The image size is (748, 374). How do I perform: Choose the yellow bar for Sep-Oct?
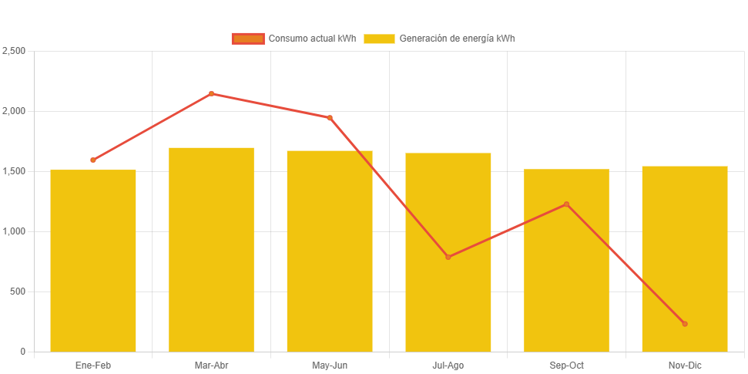(566, 278)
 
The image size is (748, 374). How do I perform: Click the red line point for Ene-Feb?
(93, 160)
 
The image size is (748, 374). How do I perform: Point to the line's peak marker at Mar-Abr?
(211, 94)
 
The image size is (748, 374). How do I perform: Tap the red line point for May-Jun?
(330, 118)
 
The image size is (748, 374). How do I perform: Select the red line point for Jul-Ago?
(448, 257)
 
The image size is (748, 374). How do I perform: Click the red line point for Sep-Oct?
(566, 204)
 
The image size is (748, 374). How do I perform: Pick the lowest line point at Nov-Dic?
(684, 324)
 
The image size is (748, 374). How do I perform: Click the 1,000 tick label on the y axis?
(14, 231)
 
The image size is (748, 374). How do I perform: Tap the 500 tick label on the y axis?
(17, 291)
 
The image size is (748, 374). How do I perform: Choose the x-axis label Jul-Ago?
(448, 366)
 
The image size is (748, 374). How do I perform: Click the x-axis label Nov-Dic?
(684, 366)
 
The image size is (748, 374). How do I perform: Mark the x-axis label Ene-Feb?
(93, 366)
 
